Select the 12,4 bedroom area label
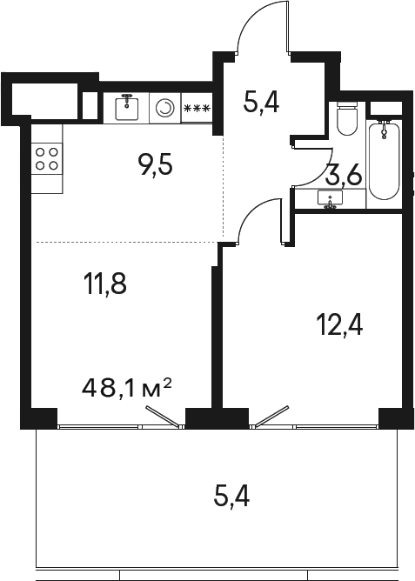[x=338, y=327]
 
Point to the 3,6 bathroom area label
[x=343, y=177]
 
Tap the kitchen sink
[x=127, y=107]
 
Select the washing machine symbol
[x=164, y=108]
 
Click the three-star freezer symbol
[x=197, y=108]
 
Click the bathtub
[x=384, y=159]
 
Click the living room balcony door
[x=164, y=418]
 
